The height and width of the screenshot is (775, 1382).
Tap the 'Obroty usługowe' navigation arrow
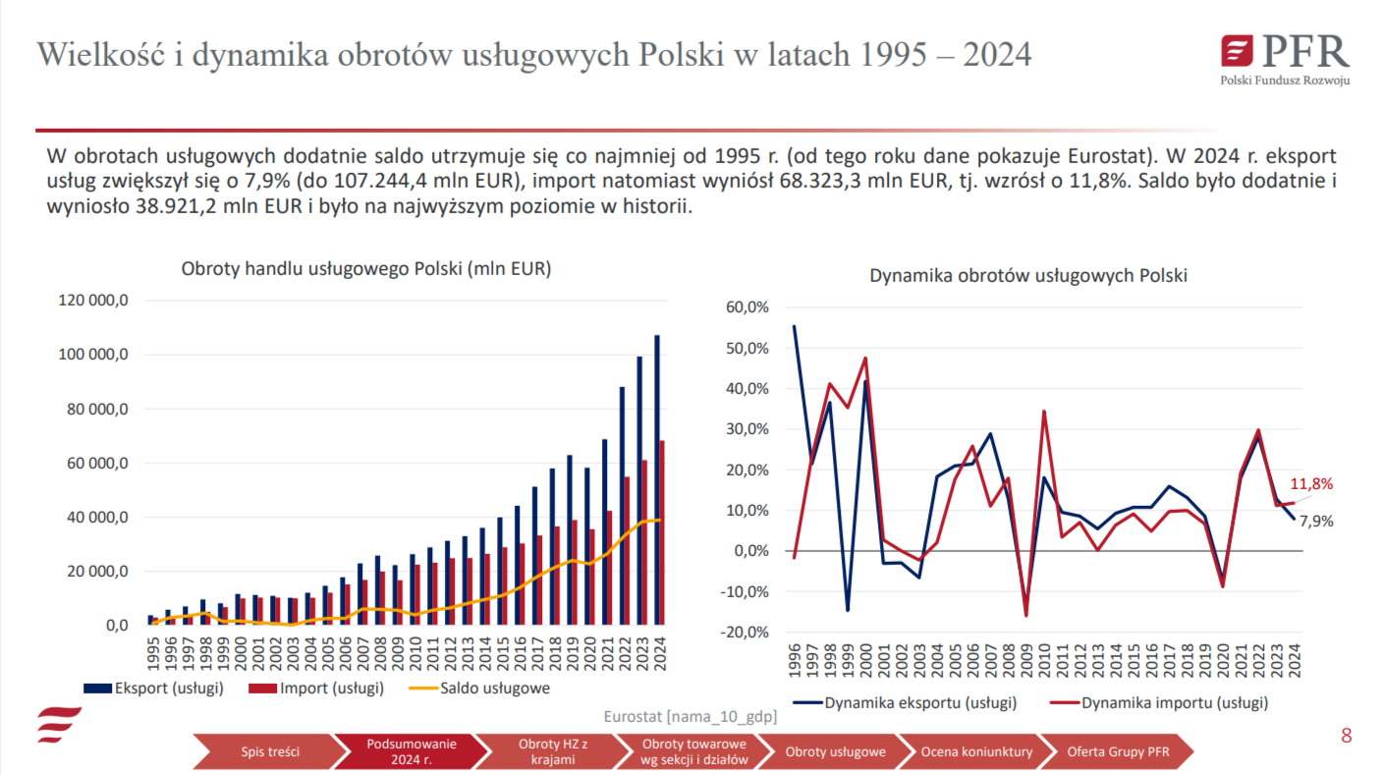click(x=835, y=752)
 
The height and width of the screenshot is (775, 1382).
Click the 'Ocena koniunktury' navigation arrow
click(x=976, y=752)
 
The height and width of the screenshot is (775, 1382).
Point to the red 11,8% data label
click(x=1310, y=483)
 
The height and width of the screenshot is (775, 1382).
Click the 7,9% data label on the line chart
click(x=1316, y=522)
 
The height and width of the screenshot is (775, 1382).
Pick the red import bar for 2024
click(x=663, y=531)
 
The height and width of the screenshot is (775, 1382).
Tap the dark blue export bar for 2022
click(x=622, y=505)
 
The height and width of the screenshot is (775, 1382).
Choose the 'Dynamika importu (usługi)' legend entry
click(x=1175, y=703)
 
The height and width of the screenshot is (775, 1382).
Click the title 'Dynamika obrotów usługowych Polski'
click(x=1028, y=276)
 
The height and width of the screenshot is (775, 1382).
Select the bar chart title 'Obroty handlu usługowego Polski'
click(x=366, y=269)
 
